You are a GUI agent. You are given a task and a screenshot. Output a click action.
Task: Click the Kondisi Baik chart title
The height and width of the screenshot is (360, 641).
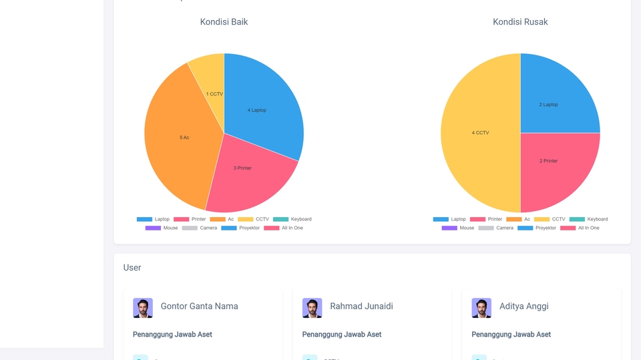(224, 22)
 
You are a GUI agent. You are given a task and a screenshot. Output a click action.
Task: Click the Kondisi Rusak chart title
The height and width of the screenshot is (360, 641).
(520, 22)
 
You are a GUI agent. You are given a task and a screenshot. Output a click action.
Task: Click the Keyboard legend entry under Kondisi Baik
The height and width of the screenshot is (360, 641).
(292, 219)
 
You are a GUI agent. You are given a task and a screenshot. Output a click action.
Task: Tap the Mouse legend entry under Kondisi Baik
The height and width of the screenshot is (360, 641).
(162, 228)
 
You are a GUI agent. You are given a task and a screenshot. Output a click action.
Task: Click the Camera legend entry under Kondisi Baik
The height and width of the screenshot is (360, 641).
(200, 228)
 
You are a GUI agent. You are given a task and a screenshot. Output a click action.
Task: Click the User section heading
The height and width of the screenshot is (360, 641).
(132, 268)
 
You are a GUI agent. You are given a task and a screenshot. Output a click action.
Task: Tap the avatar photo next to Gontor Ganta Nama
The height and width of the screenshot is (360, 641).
(143, 308)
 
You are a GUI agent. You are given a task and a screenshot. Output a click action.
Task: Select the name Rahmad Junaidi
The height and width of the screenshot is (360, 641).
(361, 307)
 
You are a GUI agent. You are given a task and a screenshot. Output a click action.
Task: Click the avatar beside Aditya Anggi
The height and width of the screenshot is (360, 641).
(481, 308)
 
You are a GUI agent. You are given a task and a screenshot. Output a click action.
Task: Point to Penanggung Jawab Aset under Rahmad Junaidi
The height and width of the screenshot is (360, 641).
(342, 335)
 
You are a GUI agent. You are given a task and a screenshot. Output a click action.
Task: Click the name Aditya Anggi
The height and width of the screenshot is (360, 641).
(524, 307)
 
